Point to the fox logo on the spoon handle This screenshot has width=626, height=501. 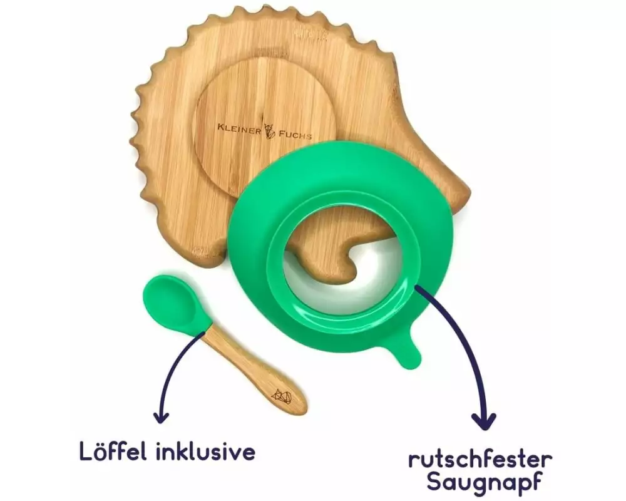(x=282, y=396)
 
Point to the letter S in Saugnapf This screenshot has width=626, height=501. (x=434, y=481)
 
